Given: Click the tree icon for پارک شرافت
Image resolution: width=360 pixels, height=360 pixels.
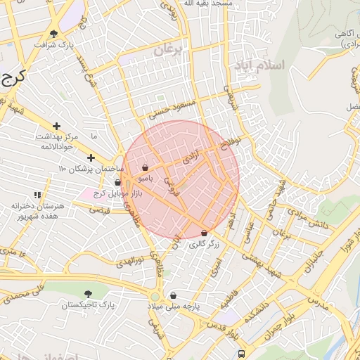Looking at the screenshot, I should click(x=53, y=34).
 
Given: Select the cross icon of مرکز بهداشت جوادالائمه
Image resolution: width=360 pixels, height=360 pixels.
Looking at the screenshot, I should click(x=57, y=126).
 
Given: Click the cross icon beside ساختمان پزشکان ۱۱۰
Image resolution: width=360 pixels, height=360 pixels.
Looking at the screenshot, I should click(x=91, y=157).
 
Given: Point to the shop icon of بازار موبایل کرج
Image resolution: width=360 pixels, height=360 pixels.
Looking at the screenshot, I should click(x=117, y=183).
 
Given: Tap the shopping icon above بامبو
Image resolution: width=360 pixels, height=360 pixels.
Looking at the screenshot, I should click(x=145, y=168).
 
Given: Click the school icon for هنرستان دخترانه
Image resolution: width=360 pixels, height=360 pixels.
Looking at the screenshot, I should click(x=37, y=195).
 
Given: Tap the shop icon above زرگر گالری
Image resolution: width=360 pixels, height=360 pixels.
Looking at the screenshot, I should click(x=205, y=233).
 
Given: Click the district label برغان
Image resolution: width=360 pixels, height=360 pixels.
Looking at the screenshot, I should click(x=169, y=49).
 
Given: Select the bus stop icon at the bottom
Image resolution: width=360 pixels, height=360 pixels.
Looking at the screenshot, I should click(x=241, y=354).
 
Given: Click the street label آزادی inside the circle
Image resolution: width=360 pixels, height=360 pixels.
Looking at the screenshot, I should click(x=191, y=156).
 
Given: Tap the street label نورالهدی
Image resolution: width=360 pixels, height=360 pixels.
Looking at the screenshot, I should click(x=129, y=260).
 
